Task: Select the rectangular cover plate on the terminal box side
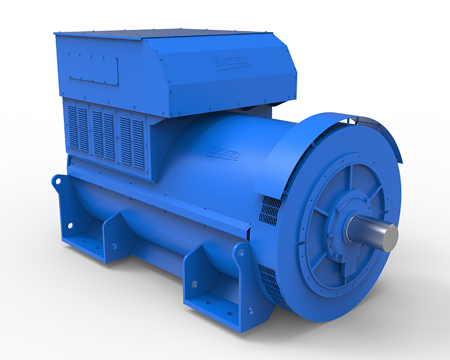click(93, 68)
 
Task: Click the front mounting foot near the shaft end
click(217, 284)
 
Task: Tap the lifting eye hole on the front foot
click(241, 253)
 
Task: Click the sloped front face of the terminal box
click(225, 79)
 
